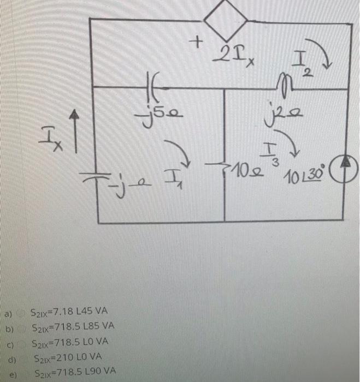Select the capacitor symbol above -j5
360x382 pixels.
[x=152, y=85]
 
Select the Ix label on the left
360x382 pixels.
[x=52, y=134]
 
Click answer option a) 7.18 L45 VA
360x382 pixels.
[x=69, y=312]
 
